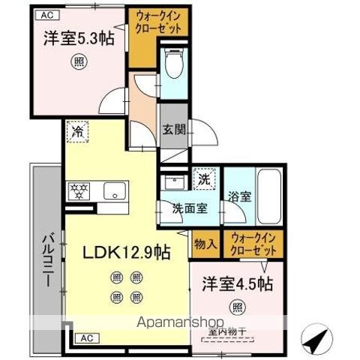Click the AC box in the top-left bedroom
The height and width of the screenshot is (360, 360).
coord(45,14)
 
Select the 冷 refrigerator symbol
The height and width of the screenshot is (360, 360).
coord(77,131)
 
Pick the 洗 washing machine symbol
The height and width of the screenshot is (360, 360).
coord(203,178)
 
